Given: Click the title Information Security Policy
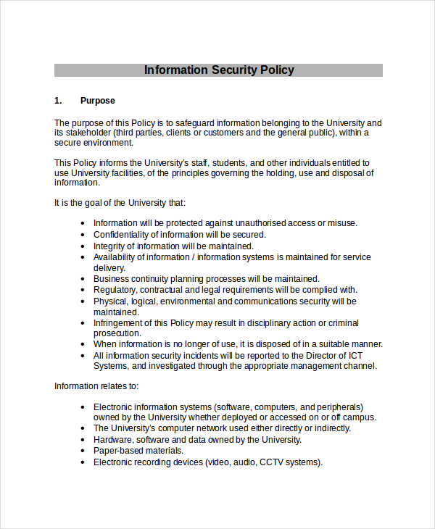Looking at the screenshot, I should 219,70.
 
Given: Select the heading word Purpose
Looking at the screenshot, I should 98,101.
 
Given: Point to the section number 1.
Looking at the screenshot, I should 58,101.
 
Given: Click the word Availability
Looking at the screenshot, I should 115,257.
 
